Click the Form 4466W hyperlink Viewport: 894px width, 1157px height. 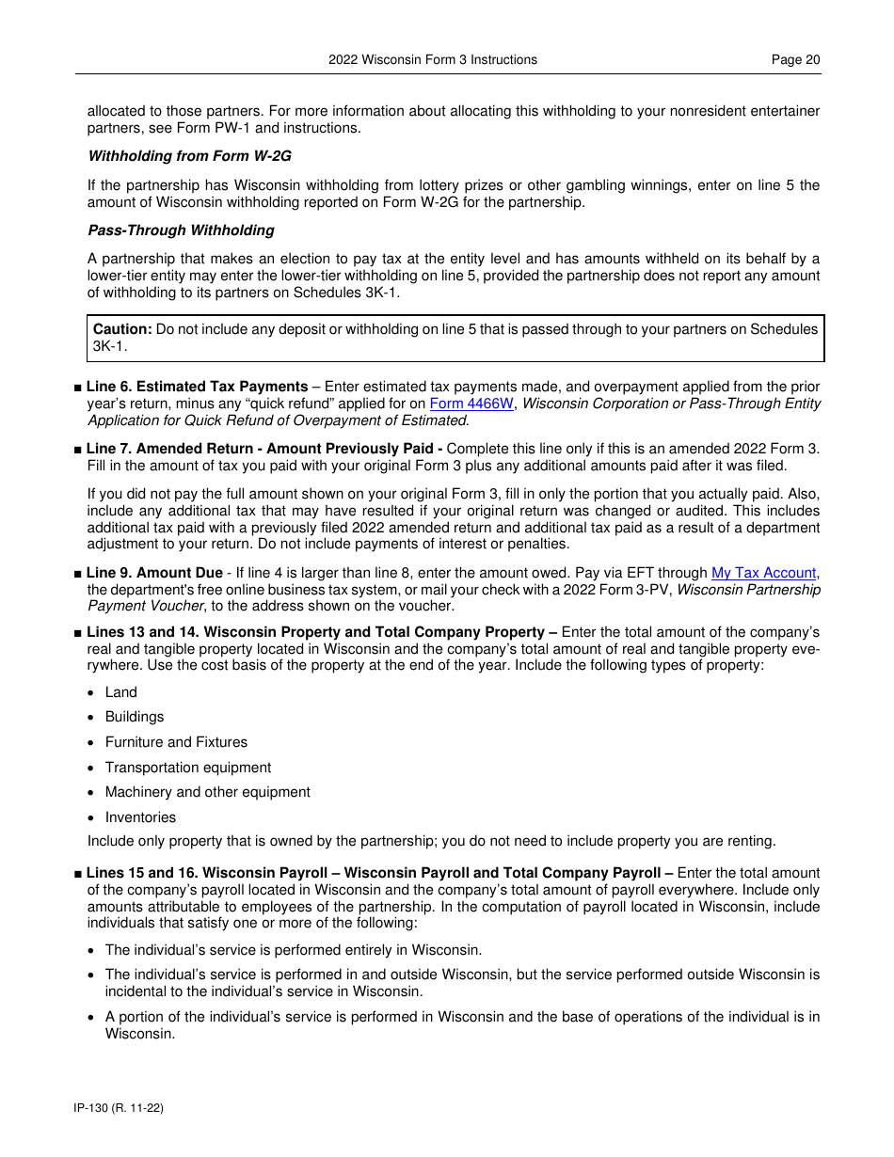471,404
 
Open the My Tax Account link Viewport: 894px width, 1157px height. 763,573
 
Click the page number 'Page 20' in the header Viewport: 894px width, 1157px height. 795,59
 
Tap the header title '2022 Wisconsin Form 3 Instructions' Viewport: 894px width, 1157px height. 433,59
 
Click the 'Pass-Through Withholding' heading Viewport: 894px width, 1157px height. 181,230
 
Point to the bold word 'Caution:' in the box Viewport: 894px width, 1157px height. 122,329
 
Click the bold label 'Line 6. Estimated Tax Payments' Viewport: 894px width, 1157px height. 197,387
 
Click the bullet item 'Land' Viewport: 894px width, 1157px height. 120,692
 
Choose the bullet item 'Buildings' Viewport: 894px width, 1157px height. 134,717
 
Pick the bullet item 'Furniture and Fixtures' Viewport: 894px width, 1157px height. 176,742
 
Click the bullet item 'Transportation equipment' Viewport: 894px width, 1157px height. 187,768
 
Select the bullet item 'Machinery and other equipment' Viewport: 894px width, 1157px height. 207,792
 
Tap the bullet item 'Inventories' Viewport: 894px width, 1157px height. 140,817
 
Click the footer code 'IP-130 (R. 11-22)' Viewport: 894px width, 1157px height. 119,1108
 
